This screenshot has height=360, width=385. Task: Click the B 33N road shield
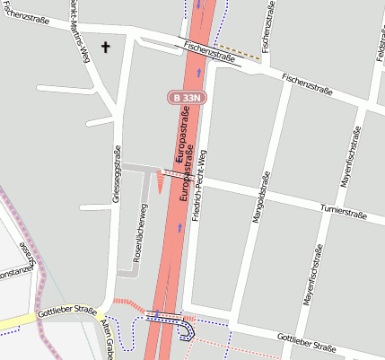coord(187,97)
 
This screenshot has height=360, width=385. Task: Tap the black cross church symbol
coord(105,47)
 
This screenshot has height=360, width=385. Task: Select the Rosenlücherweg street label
coord(139,237)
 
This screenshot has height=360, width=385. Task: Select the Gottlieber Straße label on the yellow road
coord(67,312)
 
